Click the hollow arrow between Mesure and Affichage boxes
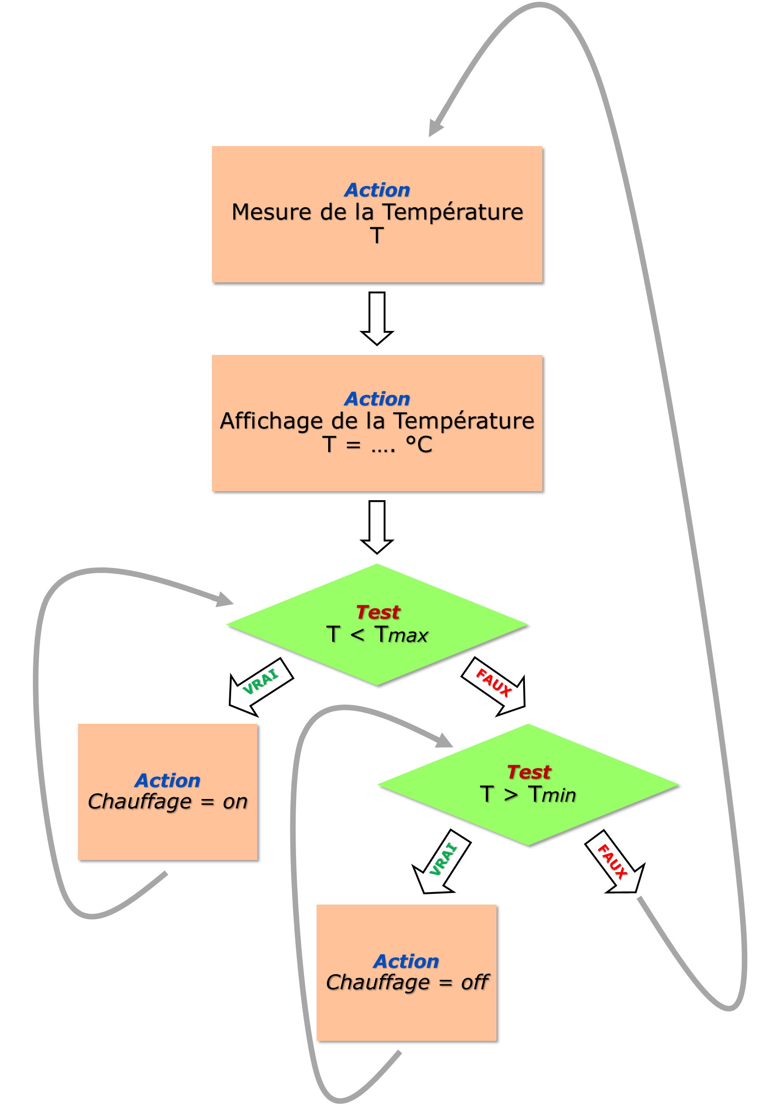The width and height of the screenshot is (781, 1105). pos(377,318)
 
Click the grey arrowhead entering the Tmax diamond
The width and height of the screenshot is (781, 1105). pos(224,599)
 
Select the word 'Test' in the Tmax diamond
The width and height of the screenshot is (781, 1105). pos(378,612)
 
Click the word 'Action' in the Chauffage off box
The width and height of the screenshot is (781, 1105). pos(406,961)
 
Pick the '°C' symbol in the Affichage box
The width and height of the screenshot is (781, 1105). pos(419,444)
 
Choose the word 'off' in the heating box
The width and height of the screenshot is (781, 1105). pos(475,982)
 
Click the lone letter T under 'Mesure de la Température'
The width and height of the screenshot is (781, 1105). pos(377,235)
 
